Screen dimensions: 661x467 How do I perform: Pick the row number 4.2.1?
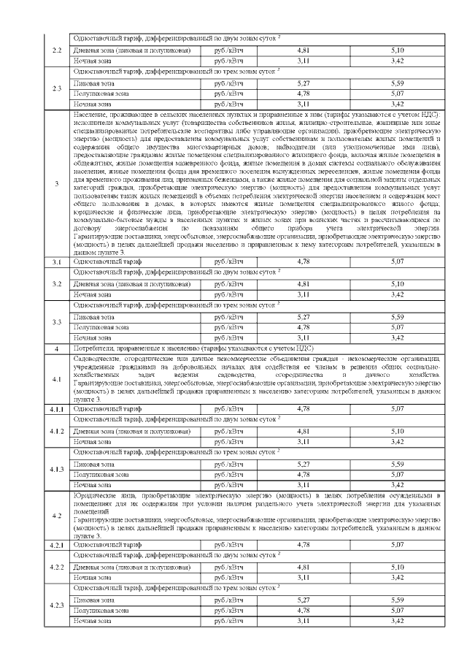[56, 545]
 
